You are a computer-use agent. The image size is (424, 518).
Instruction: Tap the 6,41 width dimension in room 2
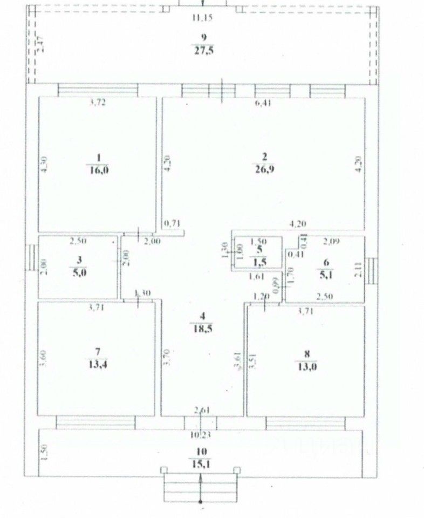coord(263,104)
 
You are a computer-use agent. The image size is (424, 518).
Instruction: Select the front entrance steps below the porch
coord(201,484)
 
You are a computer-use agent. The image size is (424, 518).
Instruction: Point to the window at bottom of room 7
coord(95,420)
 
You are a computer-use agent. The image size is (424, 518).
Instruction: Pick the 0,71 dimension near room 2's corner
coord(172,222)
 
